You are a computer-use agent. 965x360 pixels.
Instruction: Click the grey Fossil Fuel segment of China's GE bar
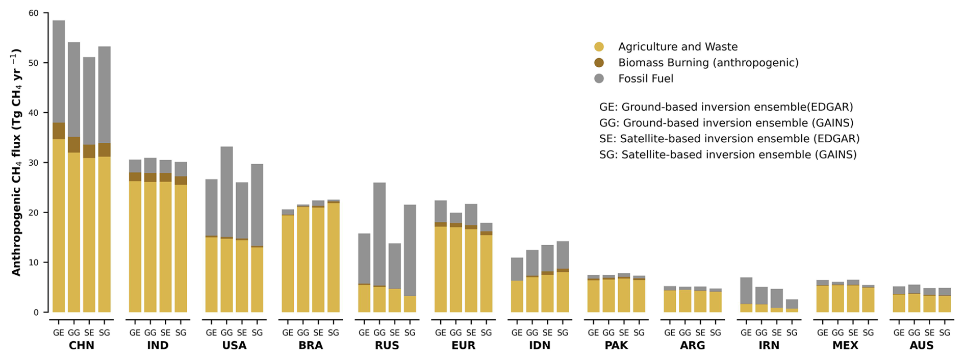click(59, 71)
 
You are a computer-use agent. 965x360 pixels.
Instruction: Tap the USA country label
click(234, 346)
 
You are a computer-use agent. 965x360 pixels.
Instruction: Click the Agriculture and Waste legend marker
click(599, 47)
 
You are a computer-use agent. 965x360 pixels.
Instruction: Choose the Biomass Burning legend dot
click(599, 63)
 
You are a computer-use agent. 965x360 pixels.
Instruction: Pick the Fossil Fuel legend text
click(646, 79)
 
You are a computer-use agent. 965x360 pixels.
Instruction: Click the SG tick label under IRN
click(792, 333)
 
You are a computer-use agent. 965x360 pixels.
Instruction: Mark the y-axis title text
click(16, 162)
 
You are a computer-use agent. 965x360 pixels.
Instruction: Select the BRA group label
click(311, 346)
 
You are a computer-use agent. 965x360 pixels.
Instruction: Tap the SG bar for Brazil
click(334, 256)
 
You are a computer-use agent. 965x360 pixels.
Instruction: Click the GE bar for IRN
click(746, 295)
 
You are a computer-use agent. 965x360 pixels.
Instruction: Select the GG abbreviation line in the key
click(726, 123)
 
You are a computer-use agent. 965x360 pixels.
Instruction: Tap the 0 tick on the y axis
click(36, 312)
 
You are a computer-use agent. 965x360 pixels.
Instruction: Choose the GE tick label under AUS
click(899, 333)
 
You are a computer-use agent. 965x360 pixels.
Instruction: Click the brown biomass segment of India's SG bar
click(181, 181)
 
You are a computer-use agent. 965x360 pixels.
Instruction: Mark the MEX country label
click(845, 346)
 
